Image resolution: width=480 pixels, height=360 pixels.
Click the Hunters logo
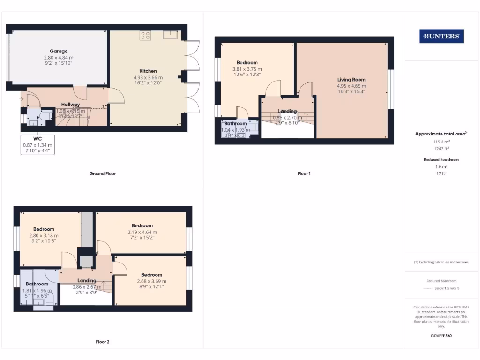[441, 36]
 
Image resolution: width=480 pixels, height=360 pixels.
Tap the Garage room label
[59, 51]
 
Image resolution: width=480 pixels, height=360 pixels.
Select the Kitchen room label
[148, 71]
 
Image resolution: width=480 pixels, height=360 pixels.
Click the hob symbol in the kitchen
[145, 35]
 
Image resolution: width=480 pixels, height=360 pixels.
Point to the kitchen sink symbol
[170, 34]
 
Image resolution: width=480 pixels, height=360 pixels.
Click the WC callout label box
[37, 145]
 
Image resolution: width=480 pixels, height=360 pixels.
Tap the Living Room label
[351, 80]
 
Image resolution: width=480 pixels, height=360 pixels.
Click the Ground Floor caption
[103, 173]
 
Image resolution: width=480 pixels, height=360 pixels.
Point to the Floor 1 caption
[304, 173]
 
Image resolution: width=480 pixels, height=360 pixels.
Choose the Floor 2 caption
[103, 342]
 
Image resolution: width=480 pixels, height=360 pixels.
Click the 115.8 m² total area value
[441, 141]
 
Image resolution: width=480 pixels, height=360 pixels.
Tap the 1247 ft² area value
[441, 148]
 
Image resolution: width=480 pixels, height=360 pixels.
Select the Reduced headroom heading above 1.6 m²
[441, 160]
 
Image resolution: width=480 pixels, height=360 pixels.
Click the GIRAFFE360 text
[441, 336]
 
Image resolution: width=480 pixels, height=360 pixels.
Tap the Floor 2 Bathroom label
[37, 284]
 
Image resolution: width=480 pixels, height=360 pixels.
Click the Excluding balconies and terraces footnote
[441, 262]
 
